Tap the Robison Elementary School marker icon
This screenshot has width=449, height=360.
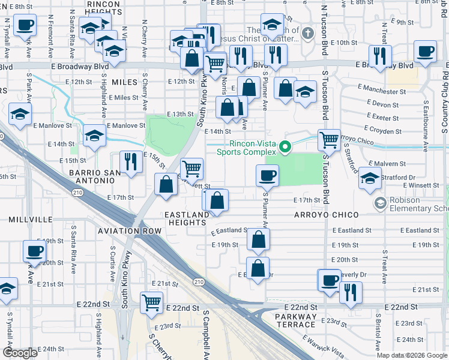point(379,203)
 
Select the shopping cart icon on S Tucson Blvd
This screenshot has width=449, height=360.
point(329,140)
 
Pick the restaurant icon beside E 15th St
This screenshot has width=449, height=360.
point(130,161)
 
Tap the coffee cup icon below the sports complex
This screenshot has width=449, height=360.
point(267,175)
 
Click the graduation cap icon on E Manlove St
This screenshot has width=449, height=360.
point(95,135)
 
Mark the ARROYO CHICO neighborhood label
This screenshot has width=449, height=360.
point(326,215)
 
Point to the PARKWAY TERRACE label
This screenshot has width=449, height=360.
point(295,320)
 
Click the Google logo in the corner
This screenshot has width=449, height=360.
point(20,353)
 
